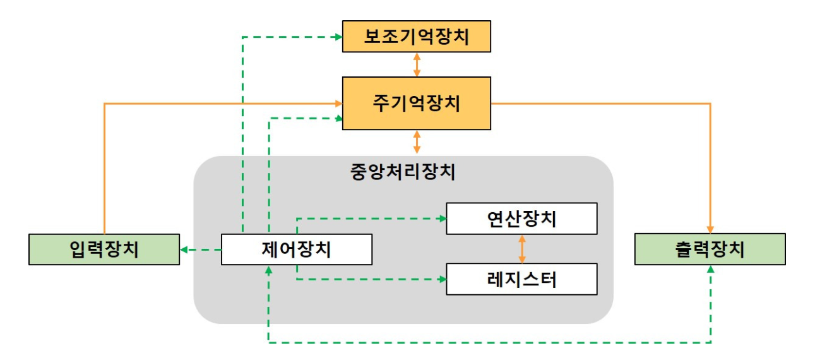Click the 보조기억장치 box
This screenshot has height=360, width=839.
click(x=416, y=37)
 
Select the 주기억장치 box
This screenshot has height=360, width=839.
click(x=416, y=103)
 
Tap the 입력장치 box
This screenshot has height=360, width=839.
click(x=104, y=249)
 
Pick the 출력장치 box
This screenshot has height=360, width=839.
click(x=710, y=249)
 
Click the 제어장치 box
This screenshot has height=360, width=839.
click(x=296, y=249)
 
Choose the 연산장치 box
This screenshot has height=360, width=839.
click(x=521, y=219)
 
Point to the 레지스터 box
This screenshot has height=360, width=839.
click(x=521, y=279)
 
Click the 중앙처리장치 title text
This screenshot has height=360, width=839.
click(x=403, y=172)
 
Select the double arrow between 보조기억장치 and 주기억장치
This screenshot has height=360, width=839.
click(x=417, y=64)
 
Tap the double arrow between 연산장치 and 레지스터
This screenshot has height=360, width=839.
click(x=521, y=249)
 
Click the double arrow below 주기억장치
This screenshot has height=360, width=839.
click(x=417, y=142)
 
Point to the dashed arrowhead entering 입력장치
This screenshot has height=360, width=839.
click(x=184, y=249)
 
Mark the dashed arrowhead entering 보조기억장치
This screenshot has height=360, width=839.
click(x=338, y=37)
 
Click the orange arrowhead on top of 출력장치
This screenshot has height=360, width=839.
click(x=711, y=229)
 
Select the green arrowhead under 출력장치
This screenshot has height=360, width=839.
click(x=711, y=269)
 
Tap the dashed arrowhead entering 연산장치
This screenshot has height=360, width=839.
click(x=442, y=219)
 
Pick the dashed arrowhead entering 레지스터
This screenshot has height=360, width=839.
click(x=442, y=279)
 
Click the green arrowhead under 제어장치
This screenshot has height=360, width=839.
click(x=269, y=269)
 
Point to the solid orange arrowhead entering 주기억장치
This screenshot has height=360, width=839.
click(x=338, y=103)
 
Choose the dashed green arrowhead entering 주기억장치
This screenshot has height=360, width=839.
click(x=338, y=117)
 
